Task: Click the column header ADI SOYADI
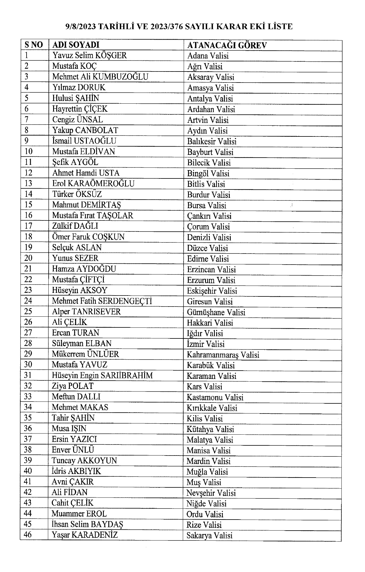coord(76,45)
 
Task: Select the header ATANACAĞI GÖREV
coord(227,45)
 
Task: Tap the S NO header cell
coord(34,45)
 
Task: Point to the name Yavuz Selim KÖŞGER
coord(90,55)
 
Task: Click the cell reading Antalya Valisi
coord(210,99)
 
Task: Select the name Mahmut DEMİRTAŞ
coord(87,205)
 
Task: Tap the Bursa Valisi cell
coord(207,205)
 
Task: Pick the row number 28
coord(28,343)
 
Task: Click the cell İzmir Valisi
coord(206,344)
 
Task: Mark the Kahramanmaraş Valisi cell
coord(223,355)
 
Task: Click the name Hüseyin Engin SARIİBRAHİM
coord(102,375)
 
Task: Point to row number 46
coord(28,535)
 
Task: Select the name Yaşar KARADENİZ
coord(85,535)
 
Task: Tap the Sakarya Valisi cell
coord(210,536)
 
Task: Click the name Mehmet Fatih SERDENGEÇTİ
coord(102,301)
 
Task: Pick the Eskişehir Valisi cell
coord(212,291)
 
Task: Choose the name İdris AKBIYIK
coord(76,471)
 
